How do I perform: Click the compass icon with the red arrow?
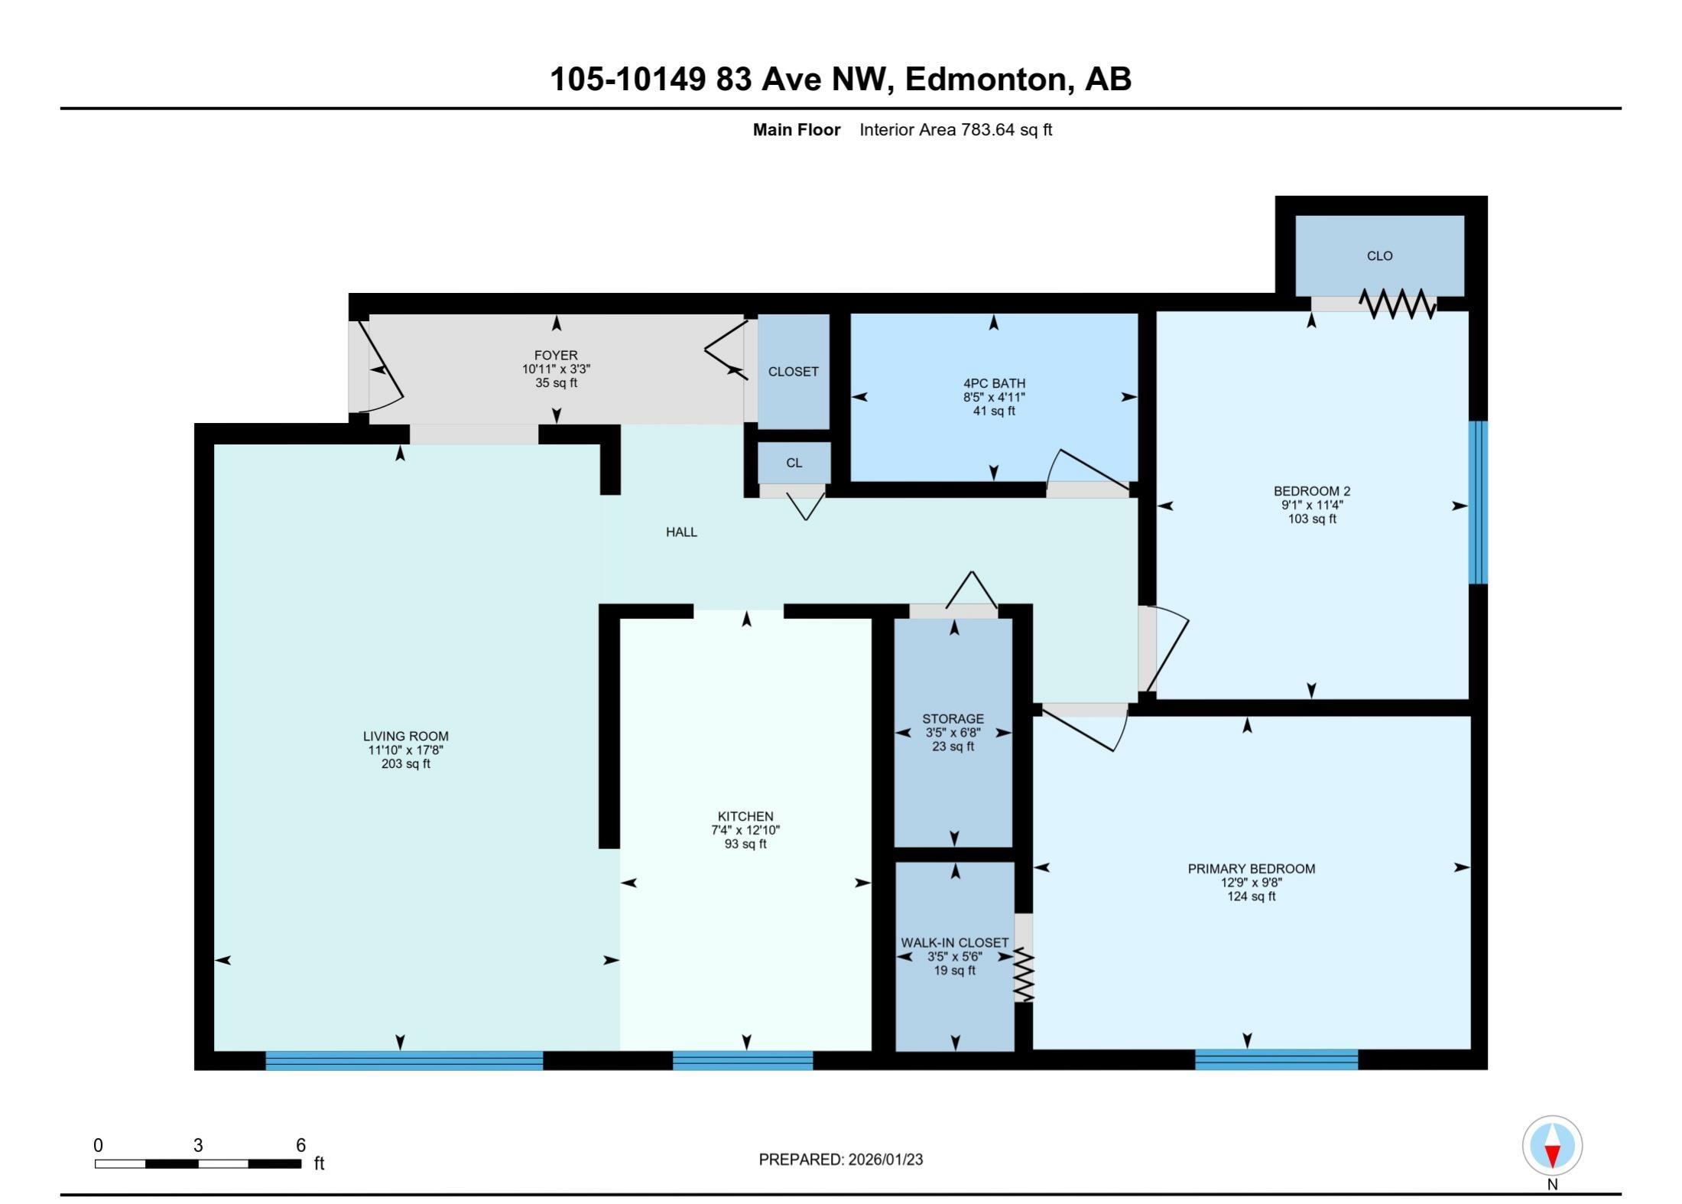(1552, 1145)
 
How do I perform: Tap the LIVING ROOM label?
(405, 736)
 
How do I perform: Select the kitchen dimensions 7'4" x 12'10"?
(745, 830)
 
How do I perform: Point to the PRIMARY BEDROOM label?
(1251, 868)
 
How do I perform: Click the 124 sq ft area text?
(1251, 896)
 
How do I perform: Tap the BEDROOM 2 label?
(1312, 491)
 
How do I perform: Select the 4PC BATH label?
(994, 383)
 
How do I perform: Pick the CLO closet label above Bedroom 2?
(1379, 255)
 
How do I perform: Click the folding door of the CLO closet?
(1398, 304)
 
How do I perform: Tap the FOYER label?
(556, 355)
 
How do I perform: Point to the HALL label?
(681, 532)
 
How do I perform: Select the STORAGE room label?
(953, 718)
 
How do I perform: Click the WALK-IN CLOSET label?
(954, 942)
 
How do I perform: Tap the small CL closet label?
(794, 463)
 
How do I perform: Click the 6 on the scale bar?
(300, 1145)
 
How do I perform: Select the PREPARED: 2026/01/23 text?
(840, 1160)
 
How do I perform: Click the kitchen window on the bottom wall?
(742, 1060)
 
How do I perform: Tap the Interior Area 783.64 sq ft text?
(955, 130)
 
